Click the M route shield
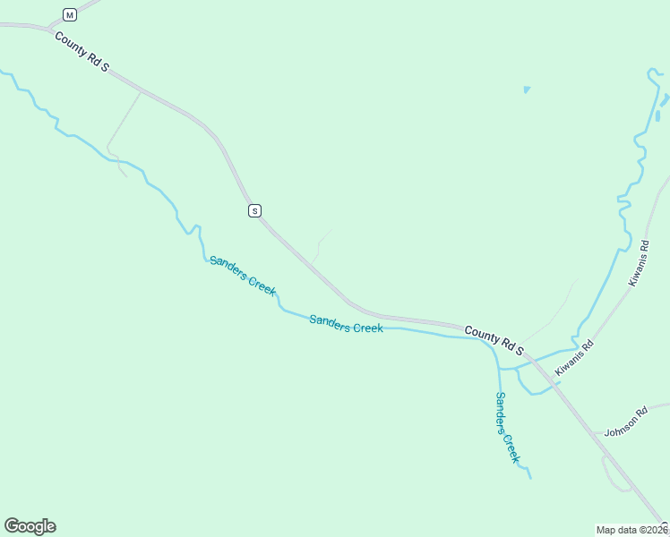pyautogui.click(x=70, y=14)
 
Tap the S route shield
pyautogui.click(x=254, y=210)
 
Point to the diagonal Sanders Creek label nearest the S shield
pyautogui.click(x=242, y=274)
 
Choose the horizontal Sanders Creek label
pyautogui.click(x=346, y=324)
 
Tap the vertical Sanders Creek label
pyautogui.click(x=507, y=427)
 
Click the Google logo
pyautogui.click(x=30, y=526)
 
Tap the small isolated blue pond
pyautogui.click(x=527, y=89)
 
